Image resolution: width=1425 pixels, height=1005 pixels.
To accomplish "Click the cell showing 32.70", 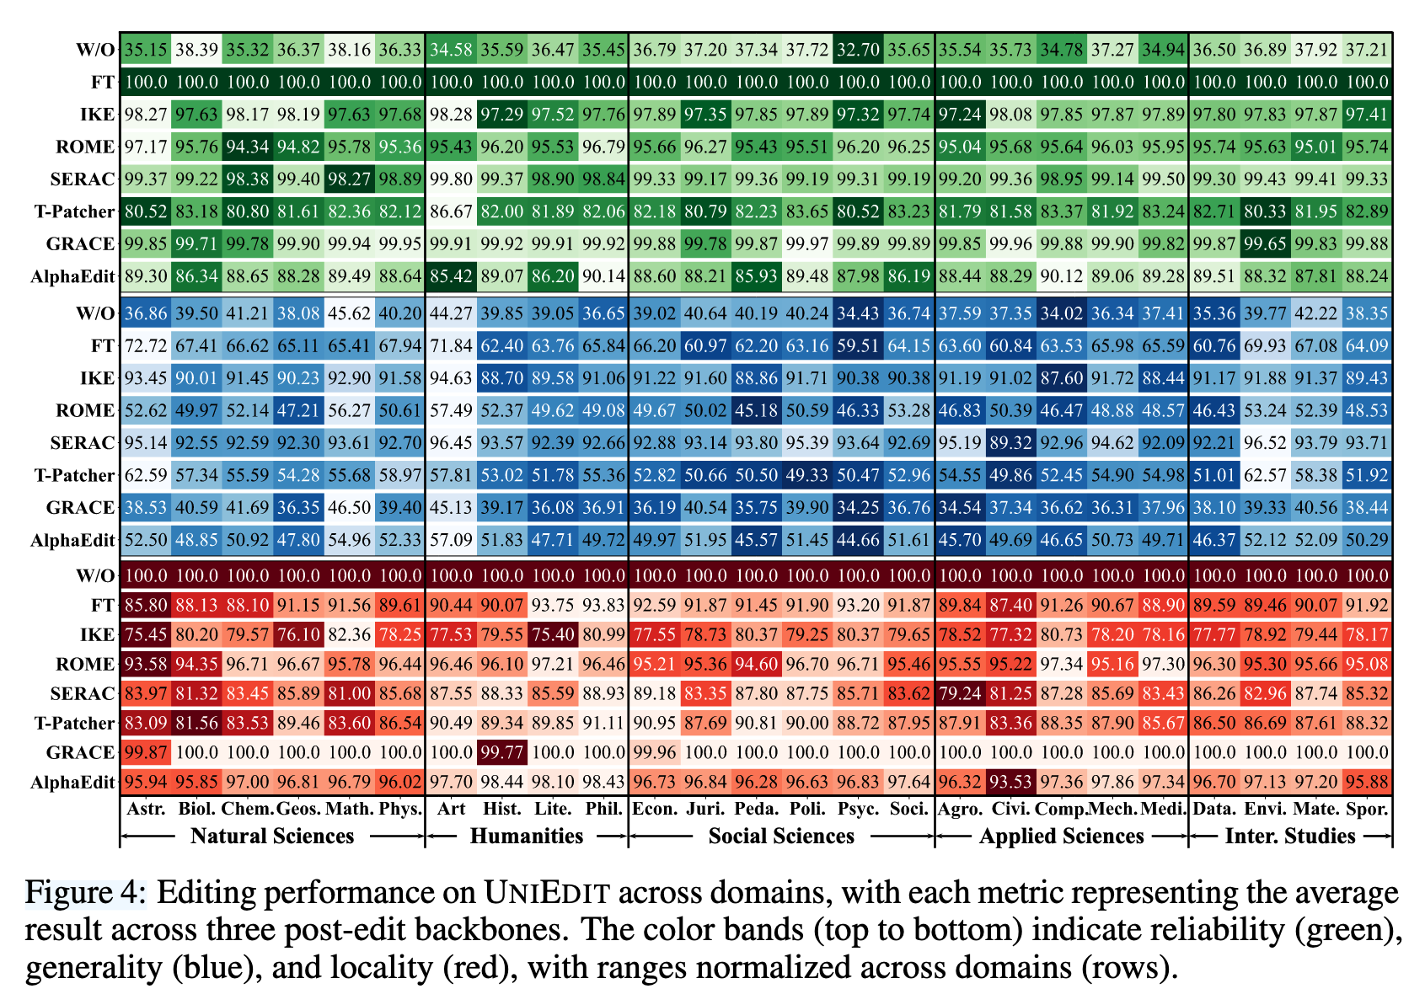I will (x=858, y=50).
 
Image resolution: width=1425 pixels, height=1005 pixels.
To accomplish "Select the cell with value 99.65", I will (x=1265, y=243).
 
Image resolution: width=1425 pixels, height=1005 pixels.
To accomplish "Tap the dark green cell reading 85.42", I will (x=451, y=275).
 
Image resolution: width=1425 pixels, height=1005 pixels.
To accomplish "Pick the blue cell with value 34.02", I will (x=1062, y=313).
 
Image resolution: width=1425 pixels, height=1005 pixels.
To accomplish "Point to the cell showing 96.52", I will (x=1265, y=443).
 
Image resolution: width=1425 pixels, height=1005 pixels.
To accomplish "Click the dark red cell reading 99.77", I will (x=502, y=752).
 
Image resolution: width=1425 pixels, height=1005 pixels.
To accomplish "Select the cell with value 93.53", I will (x=1011, y=783).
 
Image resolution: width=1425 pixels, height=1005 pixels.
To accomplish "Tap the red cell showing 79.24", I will (x=961, y=693).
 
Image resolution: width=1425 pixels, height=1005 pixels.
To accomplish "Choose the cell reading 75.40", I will (x=553, y=633).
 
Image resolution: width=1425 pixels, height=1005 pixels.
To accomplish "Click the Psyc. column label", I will (x=858, y=809).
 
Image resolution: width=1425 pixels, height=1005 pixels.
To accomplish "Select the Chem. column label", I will (x=248, y=809).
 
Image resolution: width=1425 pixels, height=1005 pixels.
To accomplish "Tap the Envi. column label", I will (x=1265, y=809).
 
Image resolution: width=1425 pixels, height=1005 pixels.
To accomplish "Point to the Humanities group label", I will (x=527, y=836).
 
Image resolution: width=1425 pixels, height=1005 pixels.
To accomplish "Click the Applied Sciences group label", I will (x=1061, y=836).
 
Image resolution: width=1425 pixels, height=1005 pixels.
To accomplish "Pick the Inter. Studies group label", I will (x=1289, y=836).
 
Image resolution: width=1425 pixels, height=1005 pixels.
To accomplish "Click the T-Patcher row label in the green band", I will (x=74, y=211).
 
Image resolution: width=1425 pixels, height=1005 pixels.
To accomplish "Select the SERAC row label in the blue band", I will (x=82, y=443).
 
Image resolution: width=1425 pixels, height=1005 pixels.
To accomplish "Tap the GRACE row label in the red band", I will (x=80, y=752).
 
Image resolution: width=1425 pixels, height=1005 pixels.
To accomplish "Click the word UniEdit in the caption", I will (x=547, y=892).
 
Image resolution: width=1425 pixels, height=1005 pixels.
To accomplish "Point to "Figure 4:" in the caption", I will (x=85, y=892).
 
